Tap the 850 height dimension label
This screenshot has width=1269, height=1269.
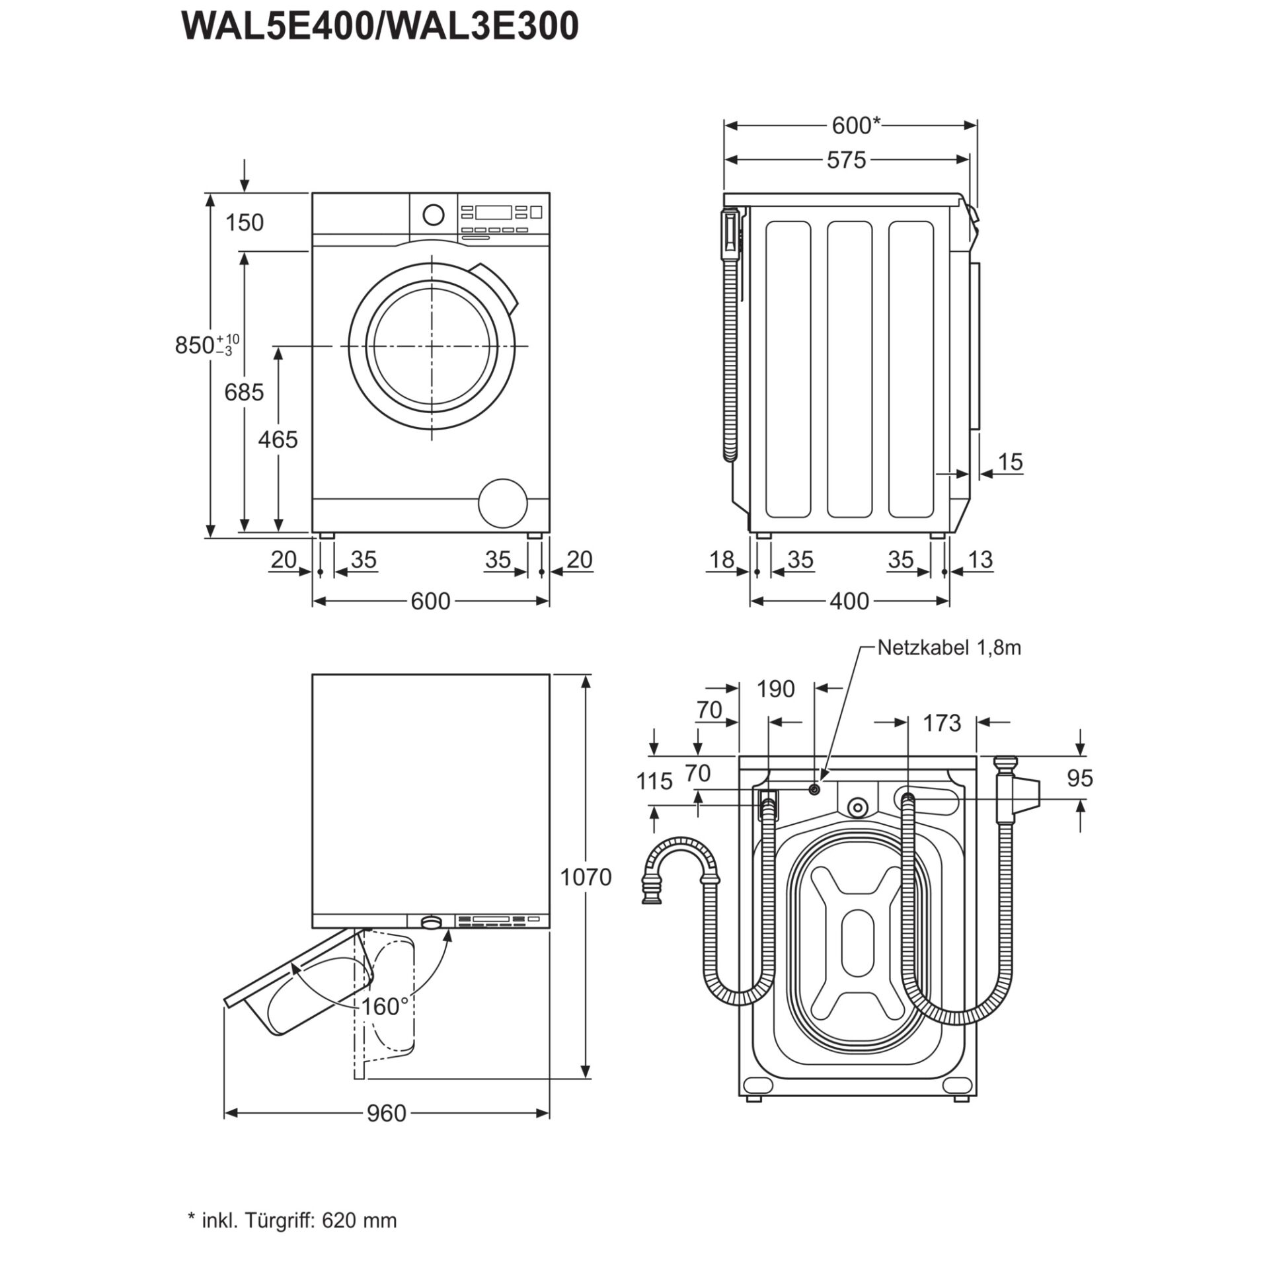click(196, 344)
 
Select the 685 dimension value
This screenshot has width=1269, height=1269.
click(244, 392)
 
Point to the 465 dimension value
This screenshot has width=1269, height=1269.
click(278, 439)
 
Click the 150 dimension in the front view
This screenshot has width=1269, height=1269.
click(244, 223)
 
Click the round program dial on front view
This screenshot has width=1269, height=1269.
click(433, 214)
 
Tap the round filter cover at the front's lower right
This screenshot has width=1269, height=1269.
click(503, 503)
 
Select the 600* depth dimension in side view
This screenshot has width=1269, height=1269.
click(855, 125)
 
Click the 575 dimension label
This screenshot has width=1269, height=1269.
click(846, 160)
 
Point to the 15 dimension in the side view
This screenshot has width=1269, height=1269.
click(1010, 461)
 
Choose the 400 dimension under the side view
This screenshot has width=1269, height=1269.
click(849, 601)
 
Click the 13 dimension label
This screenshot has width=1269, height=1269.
click(980, 560)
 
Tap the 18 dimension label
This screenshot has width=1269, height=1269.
click(721, 560)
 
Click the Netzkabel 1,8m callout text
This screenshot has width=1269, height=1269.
click(949, 648)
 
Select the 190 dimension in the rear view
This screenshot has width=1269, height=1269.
click(775, 689)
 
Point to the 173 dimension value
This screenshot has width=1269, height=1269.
click(941, 723)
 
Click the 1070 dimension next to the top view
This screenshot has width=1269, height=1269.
click(586, 877)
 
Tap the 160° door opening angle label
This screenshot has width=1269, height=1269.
click(385, 1007)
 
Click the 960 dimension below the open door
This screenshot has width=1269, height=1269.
click(386, 1114)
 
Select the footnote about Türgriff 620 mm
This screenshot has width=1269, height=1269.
click(293, 1220)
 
